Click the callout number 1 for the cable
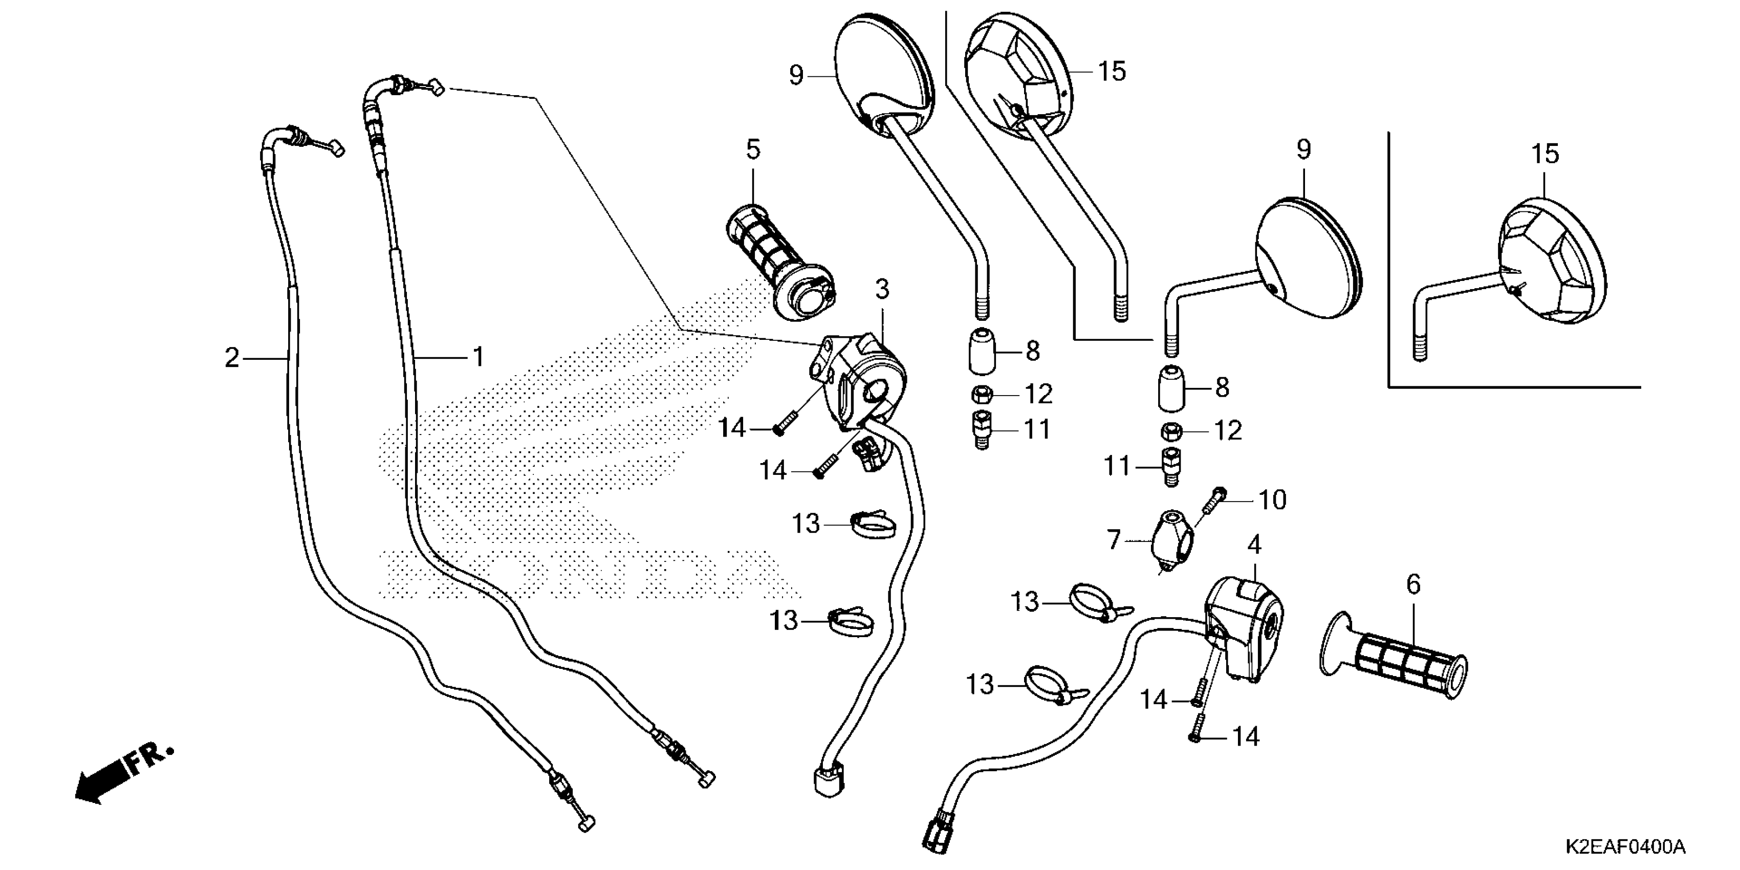[x=478, y=357]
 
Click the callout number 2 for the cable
[x=232, y=358]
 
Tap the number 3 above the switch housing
[x=882, y=290]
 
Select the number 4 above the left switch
[x=1254, y=545]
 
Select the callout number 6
[x=1413, y=584]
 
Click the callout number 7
[x=1113, y=540]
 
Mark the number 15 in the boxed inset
[x=1546, y=155]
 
